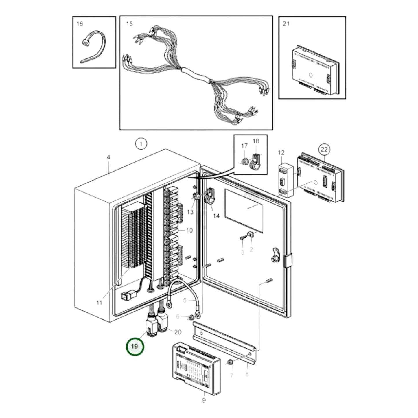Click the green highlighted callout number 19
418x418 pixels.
[x=135, y=346]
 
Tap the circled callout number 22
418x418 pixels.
[x=324, y=150]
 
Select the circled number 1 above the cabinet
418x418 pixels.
[x=141, y=144]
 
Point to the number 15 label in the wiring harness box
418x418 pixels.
[x=129, y=24]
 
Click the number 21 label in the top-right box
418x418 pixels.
[x=286, y=24]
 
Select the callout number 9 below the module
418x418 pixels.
[x=204, y=401]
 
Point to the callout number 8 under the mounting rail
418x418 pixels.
[x=247, y=374]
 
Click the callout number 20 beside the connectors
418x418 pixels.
[x=178, y=332]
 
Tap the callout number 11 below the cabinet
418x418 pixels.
[x=99, y=303]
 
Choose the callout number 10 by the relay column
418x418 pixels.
[x=189, y=231]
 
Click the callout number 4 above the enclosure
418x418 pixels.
[x=108, y=157]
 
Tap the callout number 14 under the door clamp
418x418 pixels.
[x=216, y=216]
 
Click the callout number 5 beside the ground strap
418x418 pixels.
[x=185, y=300]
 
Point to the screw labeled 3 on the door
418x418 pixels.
[x=242, y=238]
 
